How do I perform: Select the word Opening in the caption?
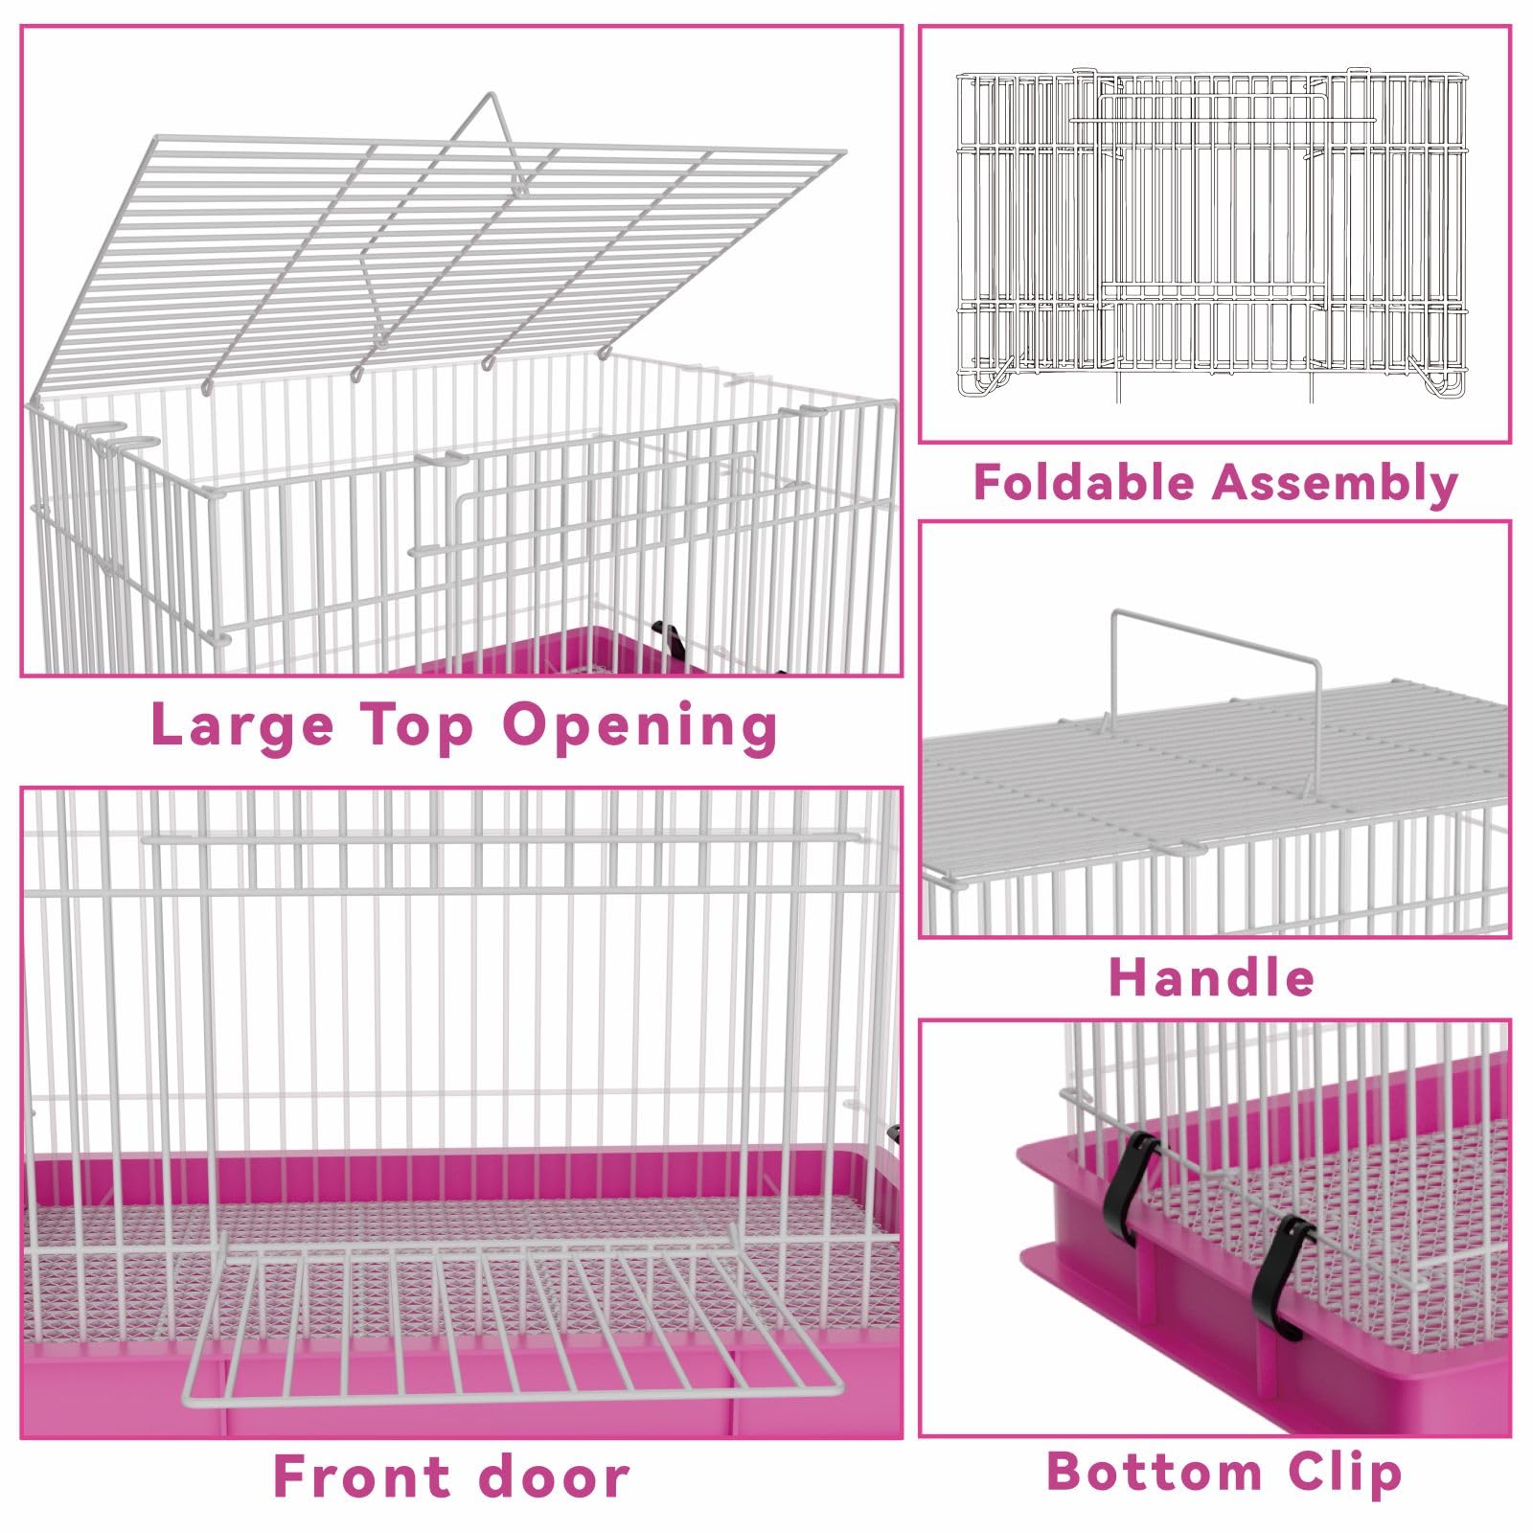[x=640, y=726]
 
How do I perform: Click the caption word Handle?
[x=1211, y=977]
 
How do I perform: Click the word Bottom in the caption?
[x=1155, y=1471]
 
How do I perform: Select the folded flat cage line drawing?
[x=1213, y=235]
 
